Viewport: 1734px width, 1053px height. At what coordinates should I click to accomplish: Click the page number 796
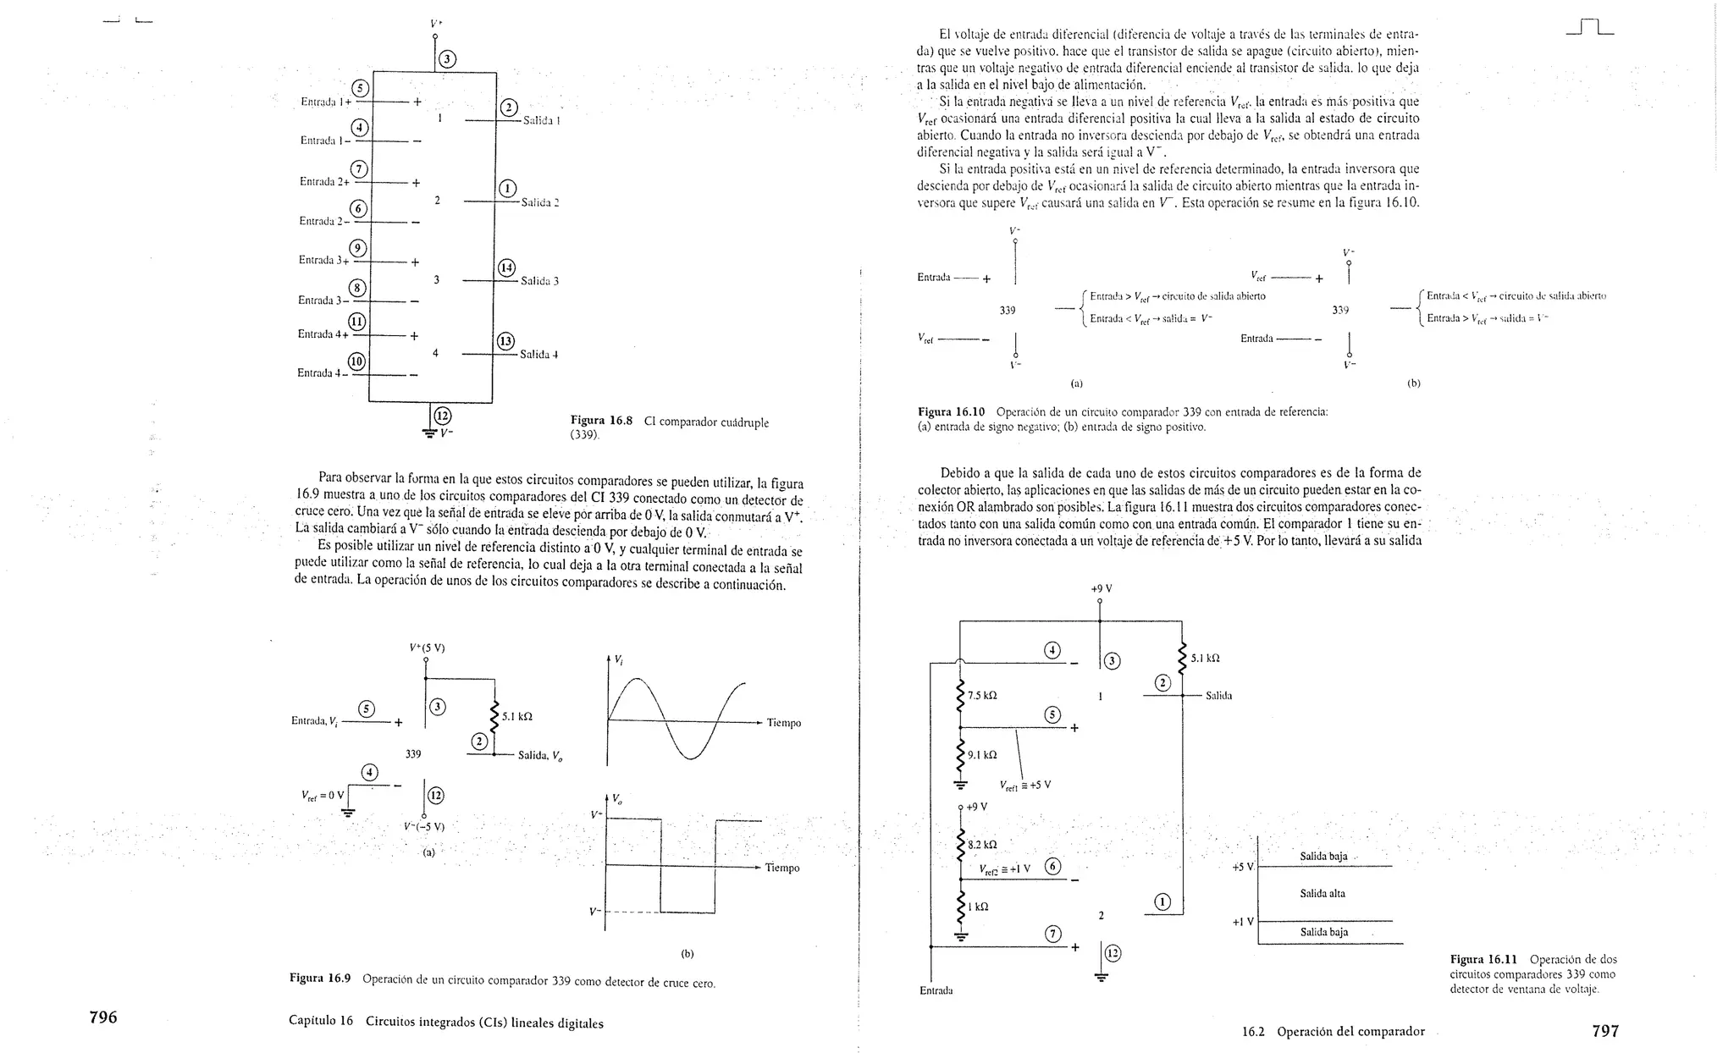point(103,1017)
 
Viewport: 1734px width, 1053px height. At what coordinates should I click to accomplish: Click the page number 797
point(1605,1031)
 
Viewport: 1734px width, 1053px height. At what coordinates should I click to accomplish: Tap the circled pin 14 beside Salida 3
point(506,268)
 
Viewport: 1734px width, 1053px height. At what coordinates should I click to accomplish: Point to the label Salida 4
point(539,355)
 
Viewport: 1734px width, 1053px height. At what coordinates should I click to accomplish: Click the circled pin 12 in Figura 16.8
point(442,416)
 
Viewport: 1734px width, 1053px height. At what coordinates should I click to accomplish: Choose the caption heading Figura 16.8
point(601,421)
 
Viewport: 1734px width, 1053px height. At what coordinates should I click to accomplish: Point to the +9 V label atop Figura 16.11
point(1101,588)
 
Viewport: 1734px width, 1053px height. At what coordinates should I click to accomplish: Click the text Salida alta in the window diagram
point(1323,894)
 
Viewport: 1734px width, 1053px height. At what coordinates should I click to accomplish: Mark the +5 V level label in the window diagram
point(1243,868)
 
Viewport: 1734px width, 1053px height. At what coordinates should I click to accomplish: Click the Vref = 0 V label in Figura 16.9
point(323,795)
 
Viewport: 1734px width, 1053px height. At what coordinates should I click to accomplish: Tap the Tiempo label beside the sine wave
point(783,723)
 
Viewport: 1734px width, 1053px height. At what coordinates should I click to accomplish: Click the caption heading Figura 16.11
point(1483,959)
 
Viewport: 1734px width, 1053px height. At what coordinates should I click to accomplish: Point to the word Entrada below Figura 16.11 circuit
point(936,990)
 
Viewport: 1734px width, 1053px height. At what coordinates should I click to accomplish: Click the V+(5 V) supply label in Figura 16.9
point(427,648)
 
